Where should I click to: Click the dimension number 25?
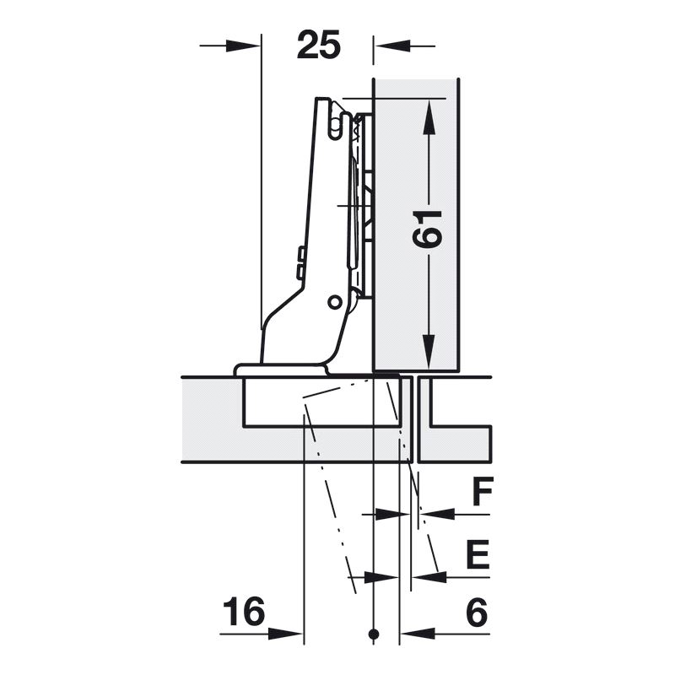(319, 45)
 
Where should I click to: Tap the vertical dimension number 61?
(427, 229)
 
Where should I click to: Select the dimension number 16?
(244, 611)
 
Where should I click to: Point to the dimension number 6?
(477, 612)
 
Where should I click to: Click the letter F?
(482, 491)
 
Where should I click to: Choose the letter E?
(478, 553)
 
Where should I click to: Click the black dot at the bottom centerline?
(374, 634)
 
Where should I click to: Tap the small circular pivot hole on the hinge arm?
(334, 302)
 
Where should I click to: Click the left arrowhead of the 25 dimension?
(243, 46)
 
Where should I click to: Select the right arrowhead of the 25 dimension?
(391, 46)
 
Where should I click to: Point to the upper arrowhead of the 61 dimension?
(429, 117)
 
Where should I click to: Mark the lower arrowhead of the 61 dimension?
(429, 352)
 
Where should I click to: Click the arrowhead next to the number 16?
(286, 634)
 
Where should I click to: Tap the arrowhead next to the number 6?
(418, 634)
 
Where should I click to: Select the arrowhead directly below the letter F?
(437, 514)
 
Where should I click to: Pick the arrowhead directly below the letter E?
(429, 577)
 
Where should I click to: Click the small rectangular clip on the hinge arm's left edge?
(300, 262)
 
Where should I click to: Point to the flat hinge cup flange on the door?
(280, 370)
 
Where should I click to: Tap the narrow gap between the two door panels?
(416, 419)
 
